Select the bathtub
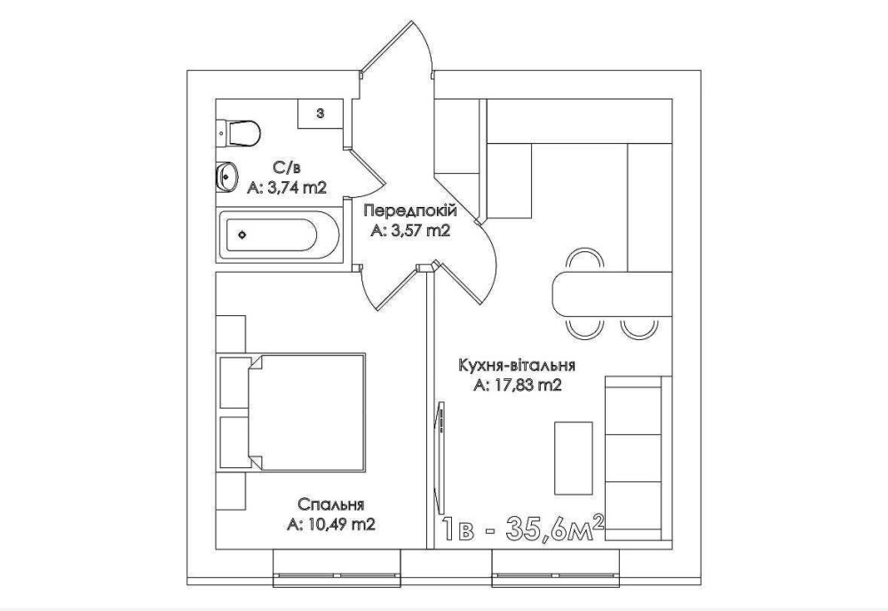coord(278,234)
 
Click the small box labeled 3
coord(320,114)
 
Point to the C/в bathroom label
coord(287,168)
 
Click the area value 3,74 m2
coord(287,187)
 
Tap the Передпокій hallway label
coord(410,210)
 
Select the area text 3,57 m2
coord(410,231)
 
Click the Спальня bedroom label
coord(330,504)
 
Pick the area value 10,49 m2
coord(331,525)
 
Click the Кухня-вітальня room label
coord(517,365)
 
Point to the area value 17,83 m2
coord(518,385)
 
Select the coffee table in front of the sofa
coord(573,458)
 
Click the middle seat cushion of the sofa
coord(634,457)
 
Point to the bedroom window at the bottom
coord(337,568)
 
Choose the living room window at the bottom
coord(556,568)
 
